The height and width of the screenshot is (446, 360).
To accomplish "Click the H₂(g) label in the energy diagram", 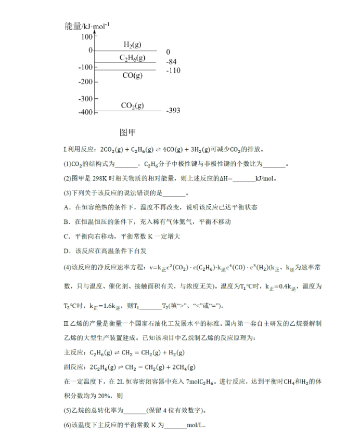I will tap(132, 45).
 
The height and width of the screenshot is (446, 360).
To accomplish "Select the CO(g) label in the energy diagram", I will tap(132, 76).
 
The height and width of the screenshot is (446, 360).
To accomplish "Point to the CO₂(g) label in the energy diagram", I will tap(132, 106).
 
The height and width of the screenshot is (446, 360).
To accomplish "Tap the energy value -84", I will tap(171, 61).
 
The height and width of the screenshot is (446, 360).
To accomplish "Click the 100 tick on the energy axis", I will tap(86, 37).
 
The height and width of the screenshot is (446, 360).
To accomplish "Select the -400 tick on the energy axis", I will tap(84, 112).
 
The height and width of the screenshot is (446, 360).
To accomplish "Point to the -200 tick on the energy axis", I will tap(84, 82).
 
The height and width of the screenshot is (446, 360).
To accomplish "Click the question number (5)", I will tap(67, 409).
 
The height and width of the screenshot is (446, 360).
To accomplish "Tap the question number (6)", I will tap(67, 425).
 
